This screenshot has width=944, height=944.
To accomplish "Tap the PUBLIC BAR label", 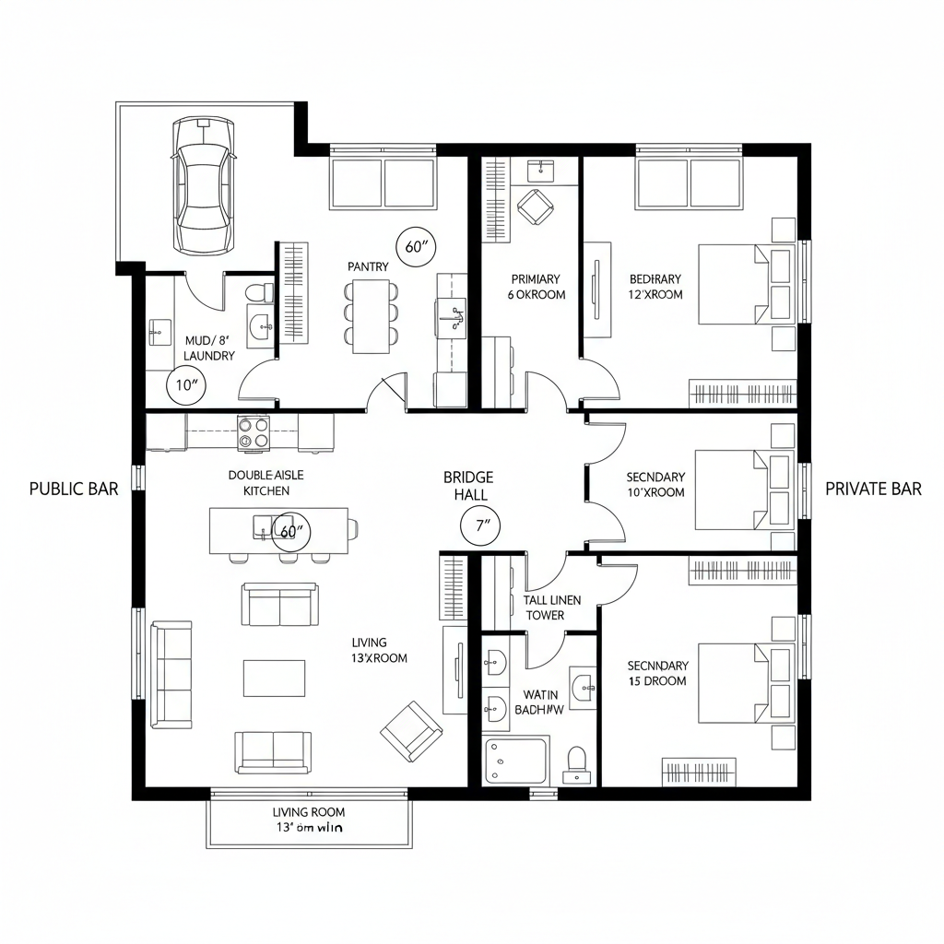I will (x=74, y=489).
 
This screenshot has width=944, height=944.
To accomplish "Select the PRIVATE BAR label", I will (x=872, y=489).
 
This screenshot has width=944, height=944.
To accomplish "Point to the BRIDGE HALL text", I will (x=468, y=486).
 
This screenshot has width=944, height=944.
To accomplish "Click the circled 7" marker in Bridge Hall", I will (x=479, y=527).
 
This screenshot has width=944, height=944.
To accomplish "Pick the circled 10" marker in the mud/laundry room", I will (x=185, y=385).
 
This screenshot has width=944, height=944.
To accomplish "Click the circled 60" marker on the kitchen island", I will (x=291, y=532).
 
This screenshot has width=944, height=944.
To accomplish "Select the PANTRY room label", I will (x=368, y=266).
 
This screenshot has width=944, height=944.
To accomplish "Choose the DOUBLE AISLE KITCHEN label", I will (x=265, y=482).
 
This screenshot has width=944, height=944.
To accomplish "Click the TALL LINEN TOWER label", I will (x=552, y=608).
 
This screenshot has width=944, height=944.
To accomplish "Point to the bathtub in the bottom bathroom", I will (x=516, y=760).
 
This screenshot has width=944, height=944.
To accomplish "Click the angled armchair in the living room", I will (x=411, y=731).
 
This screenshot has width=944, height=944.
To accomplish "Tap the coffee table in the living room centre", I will (x=274, y=678).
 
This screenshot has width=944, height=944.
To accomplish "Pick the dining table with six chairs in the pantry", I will (x=372, y=314).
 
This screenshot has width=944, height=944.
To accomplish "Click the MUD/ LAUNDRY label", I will (x=209, y=348).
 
